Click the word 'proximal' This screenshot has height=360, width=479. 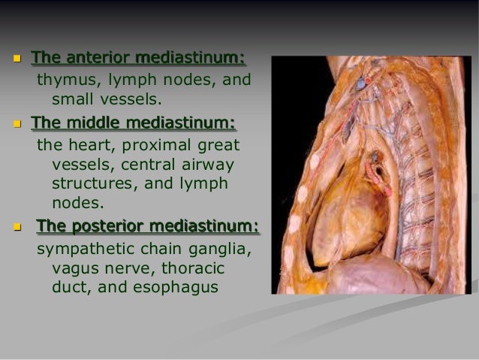click(152, 144)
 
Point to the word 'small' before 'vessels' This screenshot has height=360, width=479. click(72, 98)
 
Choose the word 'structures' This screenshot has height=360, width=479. click(92, 183)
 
